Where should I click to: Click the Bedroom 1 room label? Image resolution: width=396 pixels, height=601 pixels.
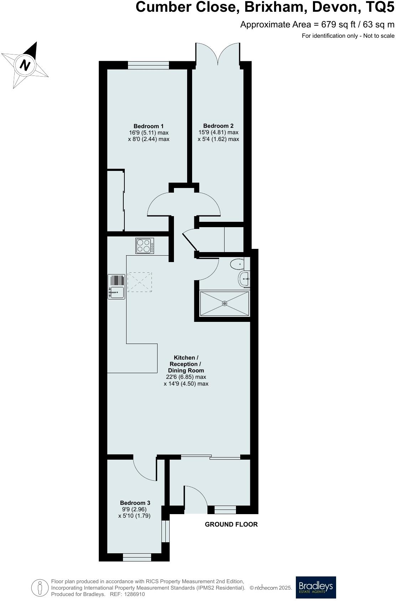pos(149,126)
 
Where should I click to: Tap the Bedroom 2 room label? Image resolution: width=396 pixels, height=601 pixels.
pos(218,126)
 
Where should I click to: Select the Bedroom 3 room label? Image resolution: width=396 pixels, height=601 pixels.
pos(135,503)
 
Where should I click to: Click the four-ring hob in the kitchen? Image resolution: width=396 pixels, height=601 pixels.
pos(145,246)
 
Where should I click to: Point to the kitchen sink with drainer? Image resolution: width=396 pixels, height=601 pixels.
pos(117,287)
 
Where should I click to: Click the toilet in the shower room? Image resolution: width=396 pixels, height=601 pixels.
pos(237,265)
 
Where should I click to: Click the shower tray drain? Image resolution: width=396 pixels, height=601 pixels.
pos(225,303)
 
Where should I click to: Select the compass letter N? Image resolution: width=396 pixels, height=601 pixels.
pos(25,65)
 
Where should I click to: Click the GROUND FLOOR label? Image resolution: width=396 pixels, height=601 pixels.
pos(231,524)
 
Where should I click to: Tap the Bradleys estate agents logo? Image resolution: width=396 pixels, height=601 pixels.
pos(316,587)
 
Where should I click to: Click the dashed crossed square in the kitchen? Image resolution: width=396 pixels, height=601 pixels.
pos(139,282)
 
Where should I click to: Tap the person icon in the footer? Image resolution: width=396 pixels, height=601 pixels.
pos(40,588)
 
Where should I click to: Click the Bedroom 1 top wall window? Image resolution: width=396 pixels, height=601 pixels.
pos(148,65)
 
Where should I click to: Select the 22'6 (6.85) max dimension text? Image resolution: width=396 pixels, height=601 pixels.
pos(186,377)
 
